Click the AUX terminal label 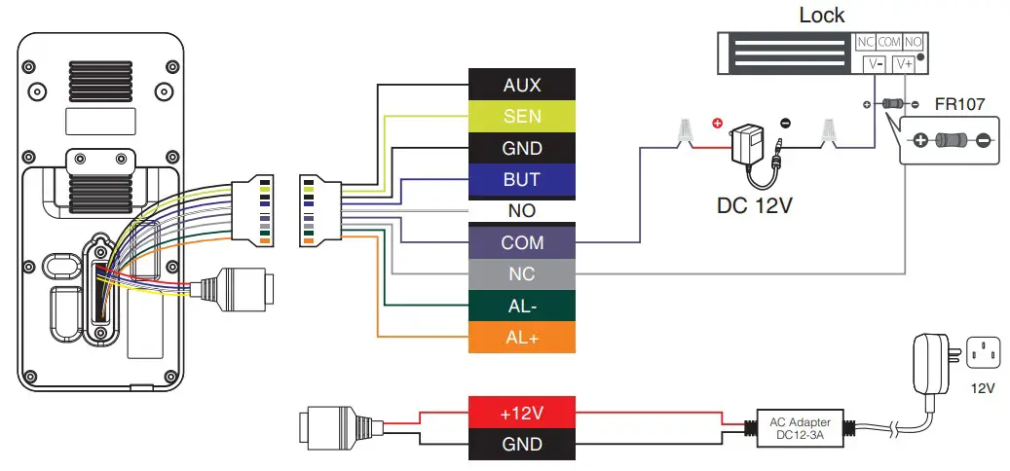coord(522,85)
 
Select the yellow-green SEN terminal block coord(522,117)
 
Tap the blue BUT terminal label coord(522,180)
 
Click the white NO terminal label coord(522,211)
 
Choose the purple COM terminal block coord(522,243)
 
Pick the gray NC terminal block coord(522,274)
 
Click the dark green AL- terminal coord(522,306)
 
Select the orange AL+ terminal coord(522,338)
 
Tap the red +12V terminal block coord(522,413)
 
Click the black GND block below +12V coord(522,445)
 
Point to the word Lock coord(821,15)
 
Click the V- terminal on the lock coord(873,63)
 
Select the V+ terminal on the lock coord(903,63)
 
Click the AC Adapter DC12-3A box coord(801,428)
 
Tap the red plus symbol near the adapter coord(718,125)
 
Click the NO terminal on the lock coord(914,42)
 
